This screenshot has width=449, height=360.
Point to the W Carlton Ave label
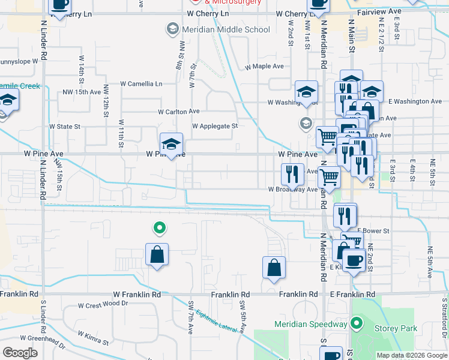click(x=178, y=112)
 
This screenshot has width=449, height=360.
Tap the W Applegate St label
click(x=215, y=126)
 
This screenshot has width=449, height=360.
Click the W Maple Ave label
click(x=264, y=67)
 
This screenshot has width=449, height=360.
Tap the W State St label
click(x=65, y=127)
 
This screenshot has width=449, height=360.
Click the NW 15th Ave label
click(x=82, y=92)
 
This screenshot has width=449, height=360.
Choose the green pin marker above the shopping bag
click(x=159, y=227)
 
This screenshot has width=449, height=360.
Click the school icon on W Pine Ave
click(x=171, y=145)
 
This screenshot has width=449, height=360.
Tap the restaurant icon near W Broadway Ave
click(x=292, y=175)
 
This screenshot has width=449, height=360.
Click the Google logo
click(x=20, y=352)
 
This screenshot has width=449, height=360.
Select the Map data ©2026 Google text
click(x=411, y=355)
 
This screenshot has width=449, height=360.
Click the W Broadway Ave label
click(x=292, y=190)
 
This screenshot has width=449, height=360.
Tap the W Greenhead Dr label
click(x=43, y=340)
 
